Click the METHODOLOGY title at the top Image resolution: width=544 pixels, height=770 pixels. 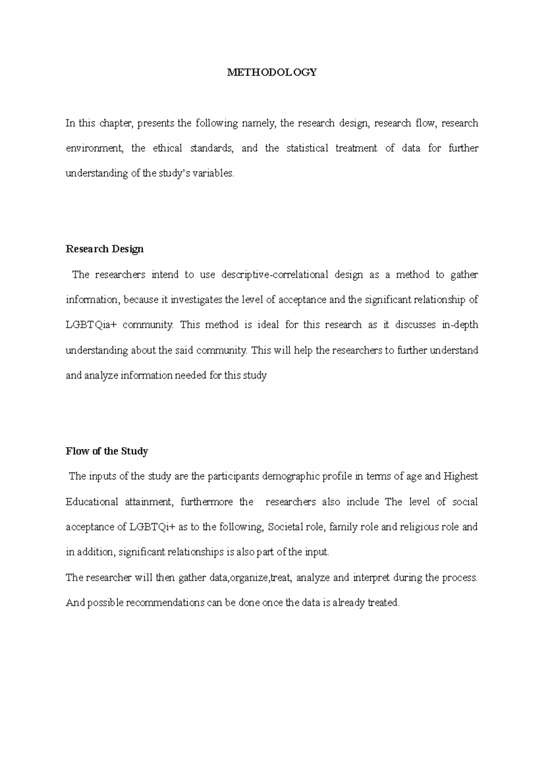272,72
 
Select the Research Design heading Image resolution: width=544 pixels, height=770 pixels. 104,249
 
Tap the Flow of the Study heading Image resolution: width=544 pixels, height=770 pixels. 107,451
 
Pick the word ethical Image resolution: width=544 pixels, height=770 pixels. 167,148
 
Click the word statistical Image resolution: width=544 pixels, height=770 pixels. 307,148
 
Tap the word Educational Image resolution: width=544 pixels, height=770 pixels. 91,502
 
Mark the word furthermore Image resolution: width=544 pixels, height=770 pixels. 206,502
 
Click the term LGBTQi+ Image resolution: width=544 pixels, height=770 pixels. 152,527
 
